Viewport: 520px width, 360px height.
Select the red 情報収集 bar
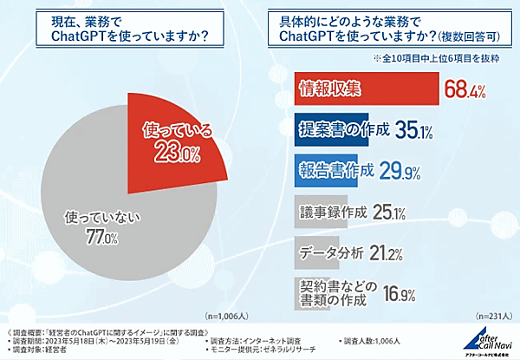point(364,87)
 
